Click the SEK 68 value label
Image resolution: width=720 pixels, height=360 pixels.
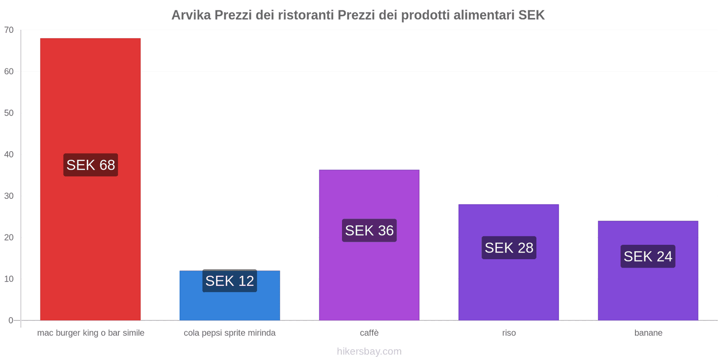(x=90, y=165)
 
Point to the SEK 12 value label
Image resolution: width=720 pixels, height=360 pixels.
(x=229, y=281)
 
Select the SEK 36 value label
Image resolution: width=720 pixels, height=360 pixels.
(x=369, y=230)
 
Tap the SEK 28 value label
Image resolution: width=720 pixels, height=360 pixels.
(x=508, y=247)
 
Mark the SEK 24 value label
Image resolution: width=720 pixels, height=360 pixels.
(x=648, y=256)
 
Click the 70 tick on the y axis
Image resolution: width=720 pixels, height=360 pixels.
(x=9, y=30)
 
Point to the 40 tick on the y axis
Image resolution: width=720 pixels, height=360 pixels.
(x=9, y=154)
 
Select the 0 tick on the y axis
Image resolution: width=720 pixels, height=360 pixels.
(x=11, y=320)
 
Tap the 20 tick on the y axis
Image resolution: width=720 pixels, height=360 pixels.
(x=9, y=238)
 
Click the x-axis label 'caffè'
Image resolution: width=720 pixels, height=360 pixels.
(x=369, y=333)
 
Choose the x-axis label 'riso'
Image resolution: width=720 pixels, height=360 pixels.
(x=509, y=333)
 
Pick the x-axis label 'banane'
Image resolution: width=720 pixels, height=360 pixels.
(x=648, y=333)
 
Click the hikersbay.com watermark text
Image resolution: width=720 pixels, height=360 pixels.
(x=369, y=351)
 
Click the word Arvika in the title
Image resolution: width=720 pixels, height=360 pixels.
(x=191, y=15)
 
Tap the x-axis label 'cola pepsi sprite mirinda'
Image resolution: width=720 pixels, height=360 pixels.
(x=229, y=333)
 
